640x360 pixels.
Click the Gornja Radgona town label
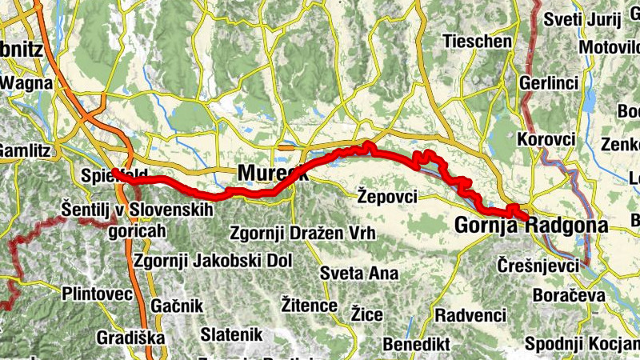530,226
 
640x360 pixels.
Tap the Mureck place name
272,173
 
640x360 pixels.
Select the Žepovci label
388,194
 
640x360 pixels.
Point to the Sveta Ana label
358,273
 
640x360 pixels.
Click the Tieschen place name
477,41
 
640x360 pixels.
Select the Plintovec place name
97,294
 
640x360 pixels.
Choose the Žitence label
310,304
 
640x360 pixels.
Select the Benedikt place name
417,343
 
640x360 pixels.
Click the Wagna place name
26,82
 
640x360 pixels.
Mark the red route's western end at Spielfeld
116,172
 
